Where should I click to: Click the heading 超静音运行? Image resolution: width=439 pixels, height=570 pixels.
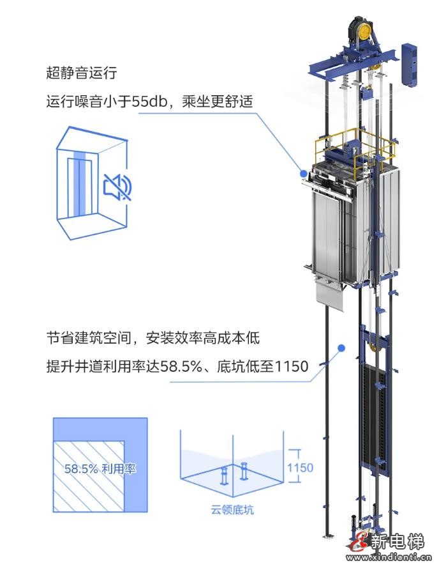(81, 73)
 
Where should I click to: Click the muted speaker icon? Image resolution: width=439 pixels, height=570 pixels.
(117, 186)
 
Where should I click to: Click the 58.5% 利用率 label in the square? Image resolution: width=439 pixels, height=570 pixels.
(100, 468)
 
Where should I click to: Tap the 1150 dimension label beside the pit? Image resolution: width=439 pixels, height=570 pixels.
(299, 467)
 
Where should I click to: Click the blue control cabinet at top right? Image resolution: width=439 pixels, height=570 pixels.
(409, 64)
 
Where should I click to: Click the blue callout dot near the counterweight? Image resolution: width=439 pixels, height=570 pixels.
(341, 348)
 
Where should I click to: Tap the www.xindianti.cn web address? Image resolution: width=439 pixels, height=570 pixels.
(391, 560)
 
